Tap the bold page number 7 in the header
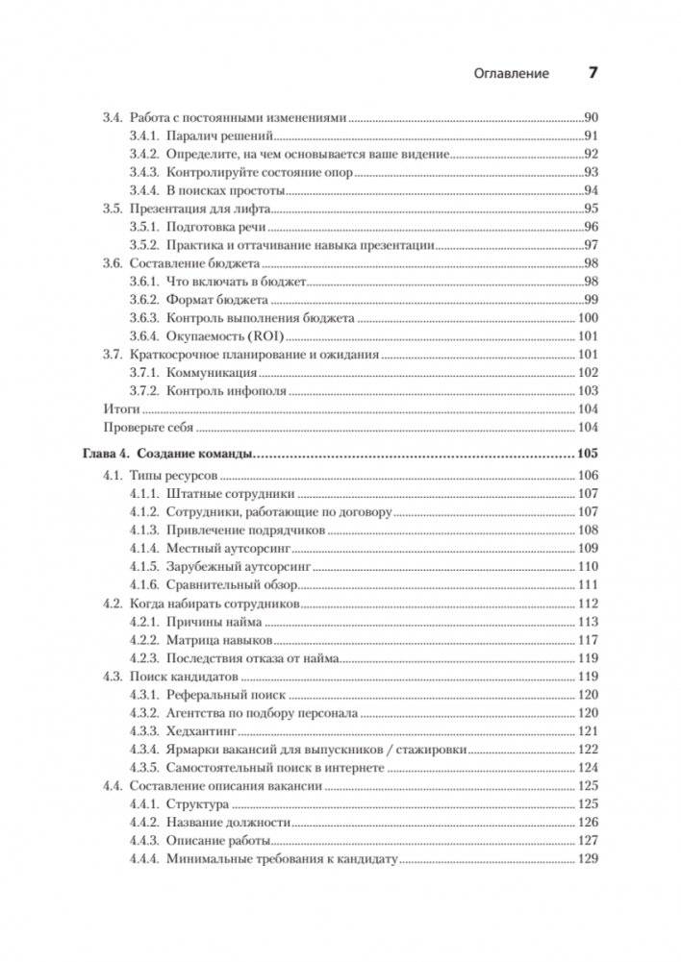(593, 73)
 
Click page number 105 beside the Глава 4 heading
(587, 453)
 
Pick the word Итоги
(119, 408)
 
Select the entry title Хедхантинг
(202, 731)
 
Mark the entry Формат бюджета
(216, 300)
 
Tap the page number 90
(592, 116)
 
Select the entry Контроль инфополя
(226, 390)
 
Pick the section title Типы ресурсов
(174, 476)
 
